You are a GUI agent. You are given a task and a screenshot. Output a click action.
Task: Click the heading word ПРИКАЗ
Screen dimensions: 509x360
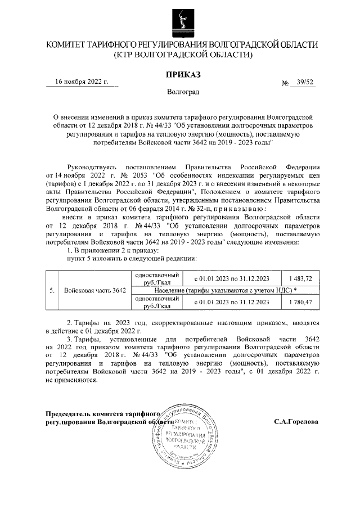pyautogui.click(x=181, y=74)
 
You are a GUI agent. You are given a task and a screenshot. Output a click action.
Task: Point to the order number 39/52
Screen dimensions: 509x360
pyautogui.click(x=305, y=82)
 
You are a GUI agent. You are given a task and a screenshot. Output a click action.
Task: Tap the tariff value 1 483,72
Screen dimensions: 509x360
pyautogui.click(x=304, y=278)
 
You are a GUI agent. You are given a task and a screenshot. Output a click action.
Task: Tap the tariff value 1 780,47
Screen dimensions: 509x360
pyautogui.click(x=304, y=302)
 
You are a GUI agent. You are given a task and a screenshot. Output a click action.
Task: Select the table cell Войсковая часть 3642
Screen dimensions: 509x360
pyautogui.click(x=95, y=290)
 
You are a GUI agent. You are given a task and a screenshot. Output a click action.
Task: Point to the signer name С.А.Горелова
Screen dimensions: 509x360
pyautogui.click(x=296, y=421)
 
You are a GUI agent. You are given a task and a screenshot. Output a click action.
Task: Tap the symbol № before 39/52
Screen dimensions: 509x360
pyautogui.click(x=285, y=83)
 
